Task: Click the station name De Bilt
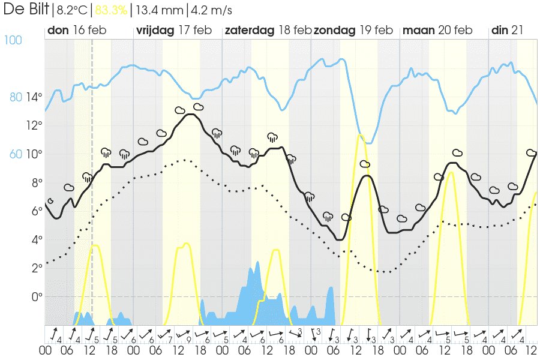25,10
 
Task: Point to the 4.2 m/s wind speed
211,10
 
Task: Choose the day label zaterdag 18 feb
268,31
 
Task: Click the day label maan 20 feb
437,31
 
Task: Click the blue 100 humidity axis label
13,40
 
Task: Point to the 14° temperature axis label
34,97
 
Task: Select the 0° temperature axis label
37,297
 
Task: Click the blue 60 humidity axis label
16,154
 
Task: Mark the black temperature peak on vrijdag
191,114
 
